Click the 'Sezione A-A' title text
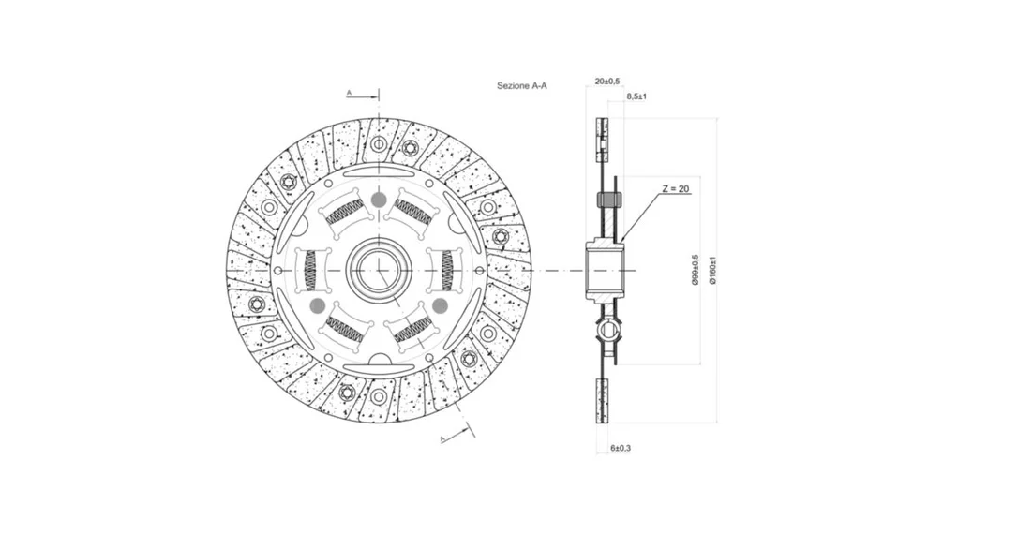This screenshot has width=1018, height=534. (x=522, y=85)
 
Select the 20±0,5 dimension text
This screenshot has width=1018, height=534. (x=607, y=82)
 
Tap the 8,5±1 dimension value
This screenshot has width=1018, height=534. (x=636, y=96)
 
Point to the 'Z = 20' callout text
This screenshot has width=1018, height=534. (x=676, y=189)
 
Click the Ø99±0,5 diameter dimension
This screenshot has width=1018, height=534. (x=696, y=270)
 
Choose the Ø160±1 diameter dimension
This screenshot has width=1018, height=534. (x=712, y=270)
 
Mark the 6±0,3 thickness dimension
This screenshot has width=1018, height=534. (x=621, y=448)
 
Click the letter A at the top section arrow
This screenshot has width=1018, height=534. (x=349, y=93)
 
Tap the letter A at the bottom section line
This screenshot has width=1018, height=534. (x=442, y=439)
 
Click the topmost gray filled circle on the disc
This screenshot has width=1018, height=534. (x=379, y=200)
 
